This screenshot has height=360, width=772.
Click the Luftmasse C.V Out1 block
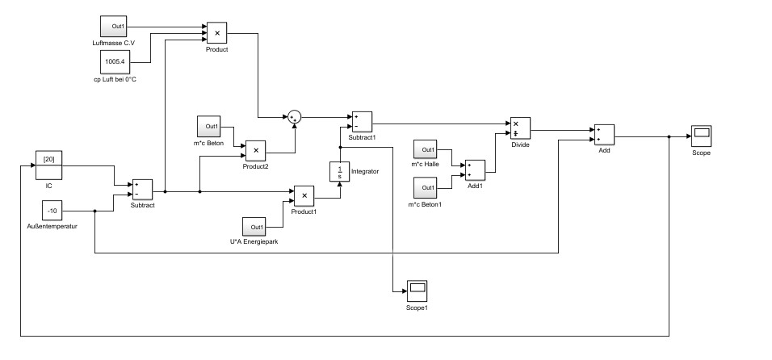point(113,26)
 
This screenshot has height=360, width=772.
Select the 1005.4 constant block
point(113,61)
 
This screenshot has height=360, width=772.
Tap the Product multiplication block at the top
point(216,33)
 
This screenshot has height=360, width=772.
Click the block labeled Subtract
point(142,190)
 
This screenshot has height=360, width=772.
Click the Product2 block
point(255,149)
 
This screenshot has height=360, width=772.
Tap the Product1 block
point(303,195)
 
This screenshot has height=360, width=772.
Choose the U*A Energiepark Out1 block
point(256,226)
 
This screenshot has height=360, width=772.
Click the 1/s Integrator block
point(339,172)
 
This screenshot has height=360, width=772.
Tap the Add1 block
point(474,170)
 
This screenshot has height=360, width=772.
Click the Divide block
point(518,128)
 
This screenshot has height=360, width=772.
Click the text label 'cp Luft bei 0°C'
point(115,79)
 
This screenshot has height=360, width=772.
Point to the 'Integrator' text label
point(366,171)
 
